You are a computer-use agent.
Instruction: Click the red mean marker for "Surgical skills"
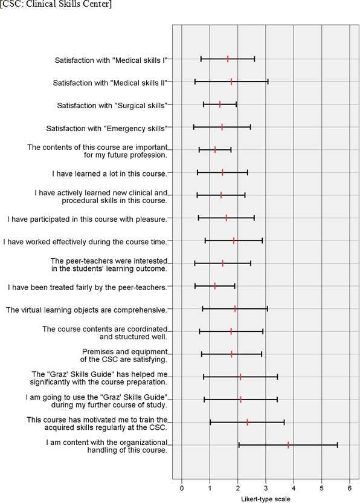click(220, 104)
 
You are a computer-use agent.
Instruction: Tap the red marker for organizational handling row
click(288, 445)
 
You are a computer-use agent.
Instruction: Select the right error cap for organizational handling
click(337, 445)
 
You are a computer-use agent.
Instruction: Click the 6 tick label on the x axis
click(350, 488)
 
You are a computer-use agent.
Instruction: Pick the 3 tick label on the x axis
click(266, 488)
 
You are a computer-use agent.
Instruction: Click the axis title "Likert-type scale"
click(265, 499)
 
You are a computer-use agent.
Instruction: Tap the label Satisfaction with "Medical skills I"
click(111, 60)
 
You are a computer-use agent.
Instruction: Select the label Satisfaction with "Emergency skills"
click(107, 128)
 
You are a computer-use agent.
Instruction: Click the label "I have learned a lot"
click(110, 174)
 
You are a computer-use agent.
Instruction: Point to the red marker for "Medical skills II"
click(231, 82)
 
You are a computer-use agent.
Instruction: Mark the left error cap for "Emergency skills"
click(194, 128)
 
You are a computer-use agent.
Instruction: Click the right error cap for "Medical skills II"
click(268, 82)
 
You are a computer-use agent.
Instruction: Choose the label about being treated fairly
click(88, 287)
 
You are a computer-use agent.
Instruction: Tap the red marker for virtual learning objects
click(235, 308)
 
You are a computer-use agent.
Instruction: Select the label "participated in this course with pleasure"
click(87, 219)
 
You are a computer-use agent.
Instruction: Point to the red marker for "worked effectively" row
click(234, 241)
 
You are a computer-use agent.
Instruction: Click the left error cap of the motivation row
click(210, 422)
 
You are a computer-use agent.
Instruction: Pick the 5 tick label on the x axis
click(322, 488)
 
